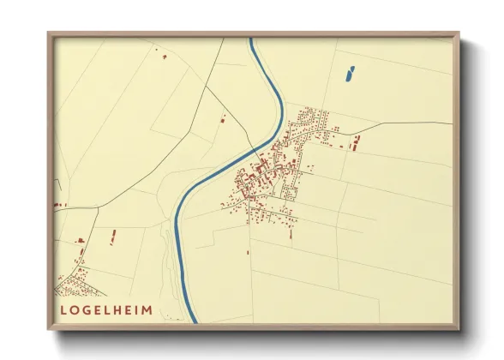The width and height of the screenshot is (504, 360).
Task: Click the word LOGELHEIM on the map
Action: pos(105,309)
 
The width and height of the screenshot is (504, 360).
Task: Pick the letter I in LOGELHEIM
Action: pos(137,309)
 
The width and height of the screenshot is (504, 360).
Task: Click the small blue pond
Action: pos(349,75)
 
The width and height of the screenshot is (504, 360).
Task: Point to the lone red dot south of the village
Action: pos(248,252)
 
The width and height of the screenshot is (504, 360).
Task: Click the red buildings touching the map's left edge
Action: pos(59,205)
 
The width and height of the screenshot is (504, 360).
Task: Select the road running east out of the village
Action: pos(403,123)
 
